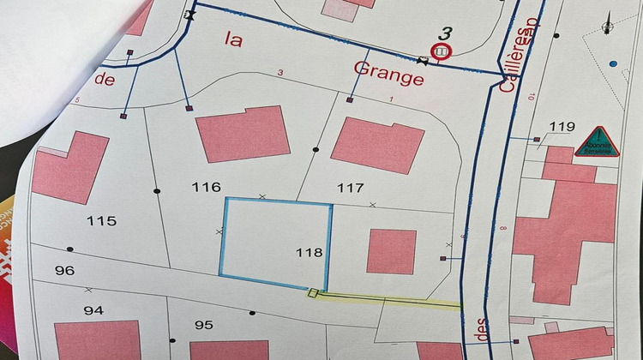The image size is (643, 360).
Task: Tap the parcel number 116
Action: pos(207,187)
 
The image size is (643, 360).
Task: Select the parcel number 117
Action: pos(351,188)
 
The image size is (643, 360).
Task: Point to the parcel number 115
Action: pos(101,221)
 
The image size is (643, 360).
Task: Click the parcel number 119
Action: pos(562,128)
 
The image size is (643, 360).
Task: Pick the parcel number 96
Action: pos(64,271)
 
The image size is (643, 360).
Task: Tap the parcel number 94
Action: pos(93,309)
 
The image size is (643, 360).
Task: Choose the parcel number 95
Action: pos(203,325)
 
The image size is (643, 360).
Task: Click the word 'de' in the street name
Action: pos(104,80)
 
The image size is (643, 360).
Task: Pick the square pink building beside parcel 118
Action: pos(391,251)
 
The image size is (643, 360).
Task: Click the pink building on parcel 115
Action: pos(70,165)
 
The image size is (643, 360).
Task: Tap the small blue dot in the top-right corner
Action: pos(612,63)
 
